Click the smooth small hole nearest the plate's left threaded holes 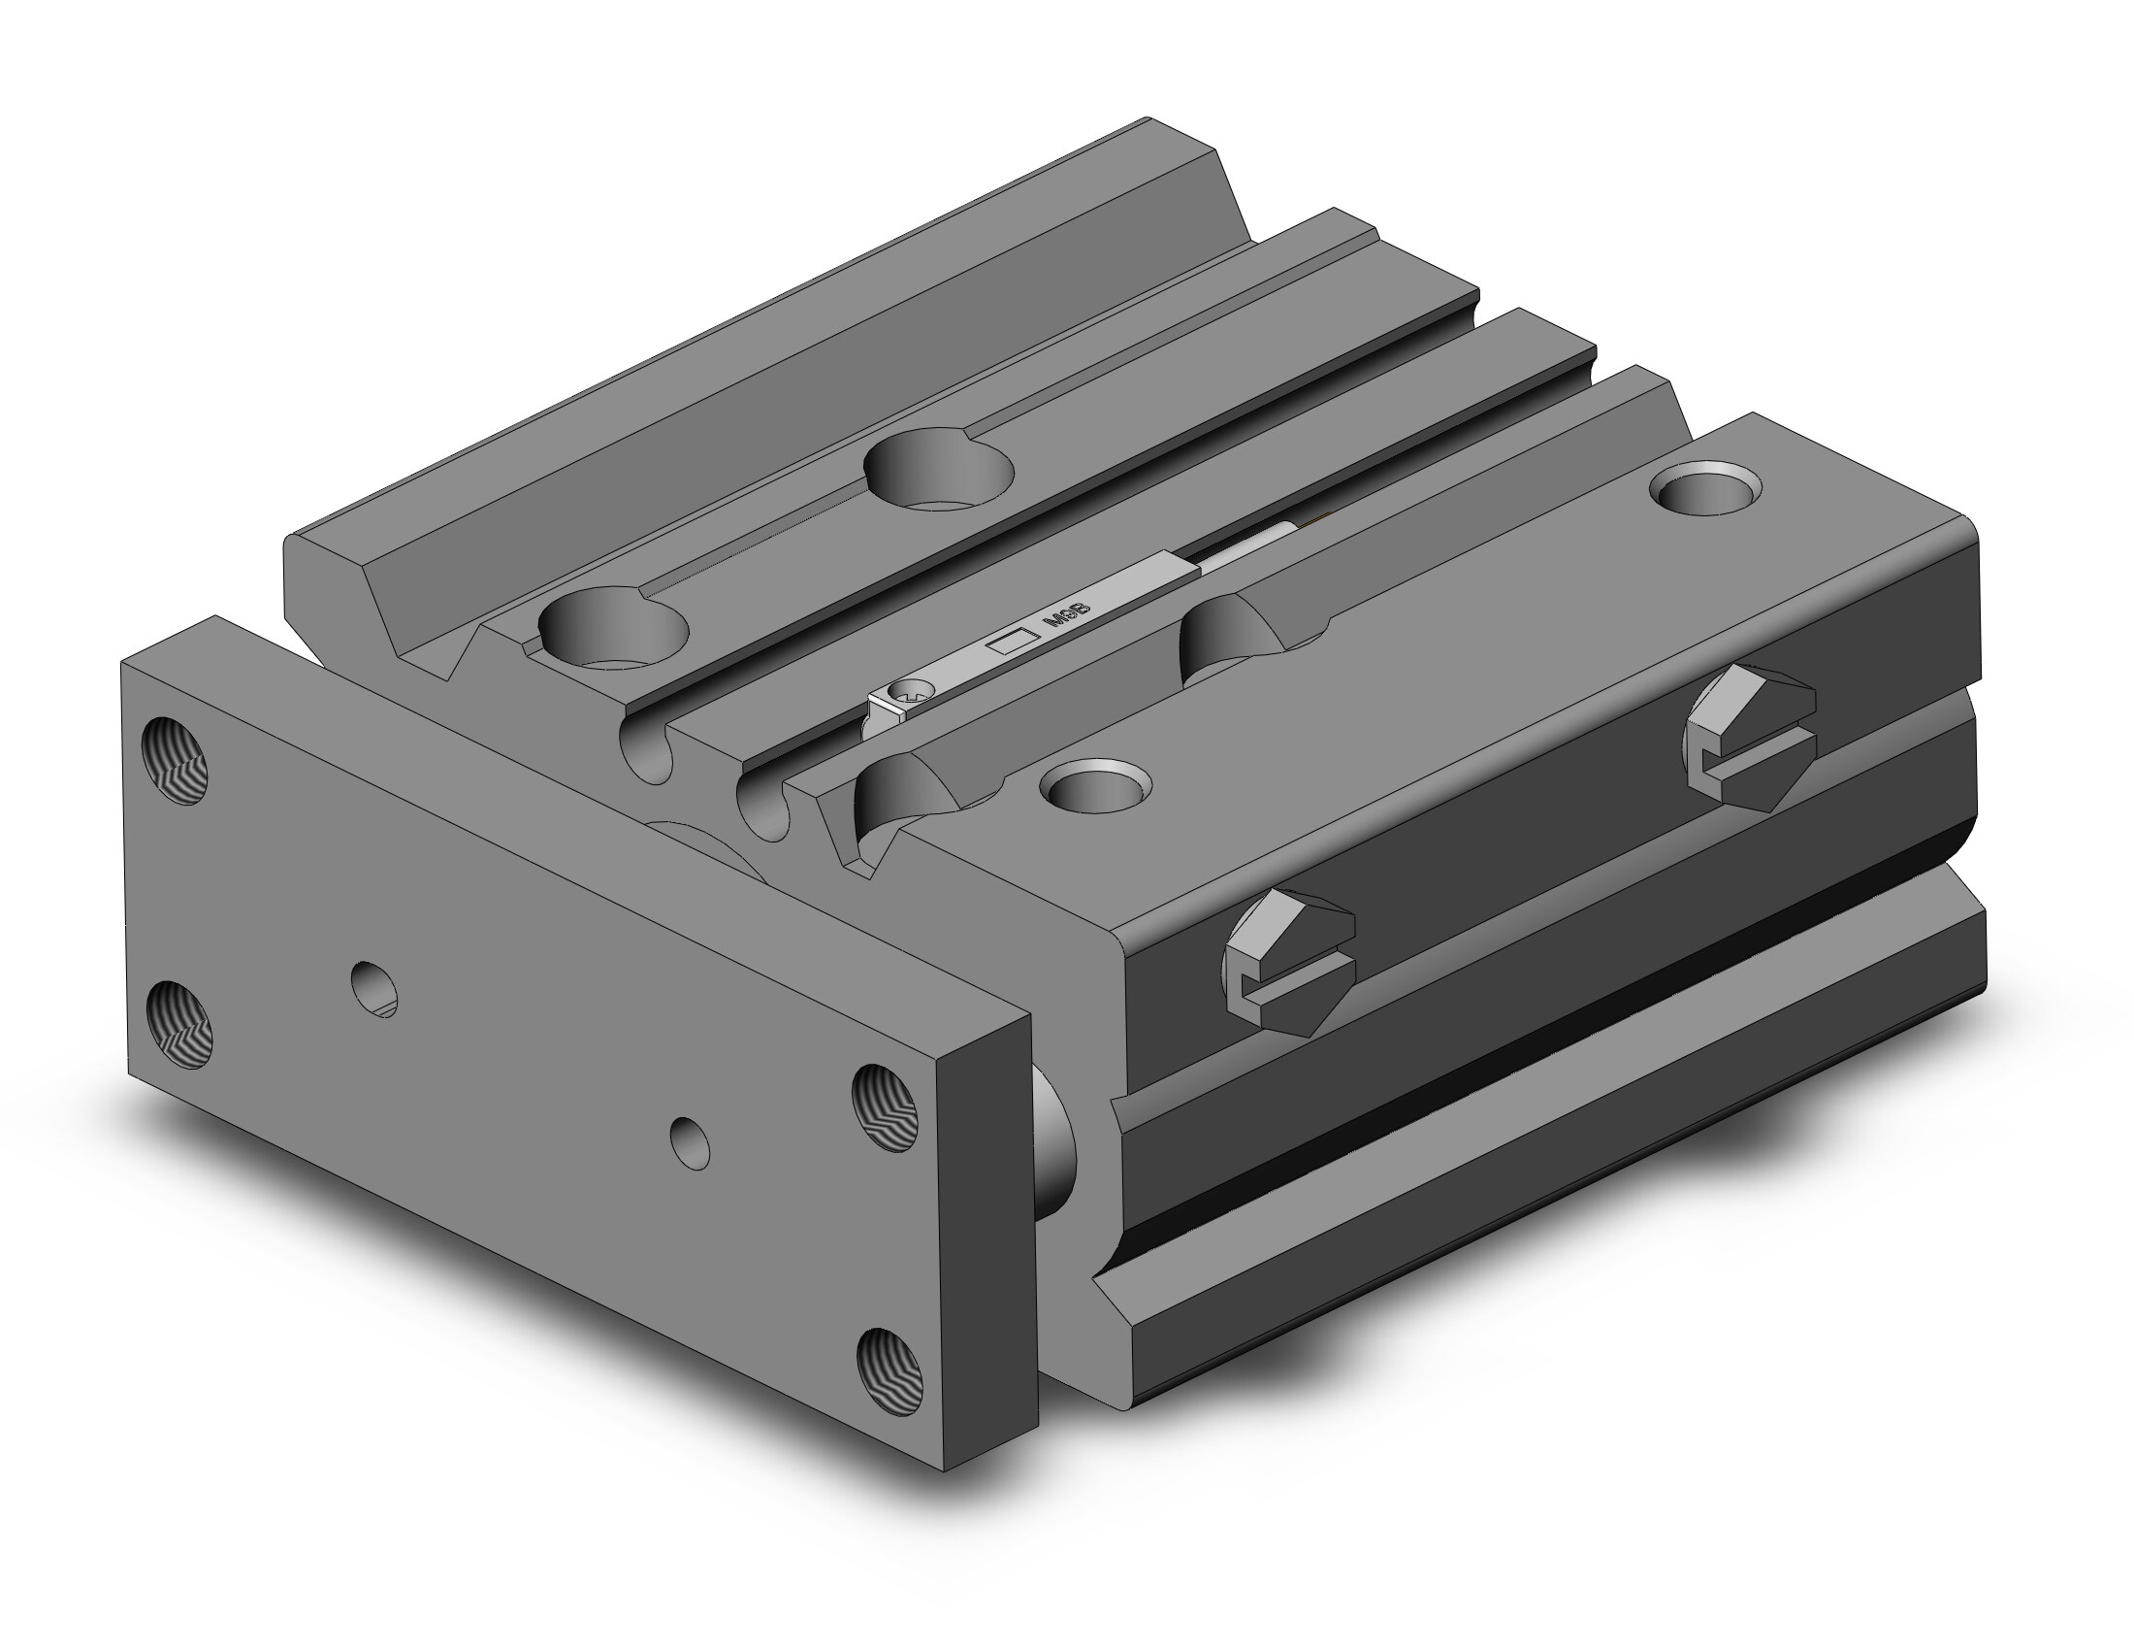coord(375,989)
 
